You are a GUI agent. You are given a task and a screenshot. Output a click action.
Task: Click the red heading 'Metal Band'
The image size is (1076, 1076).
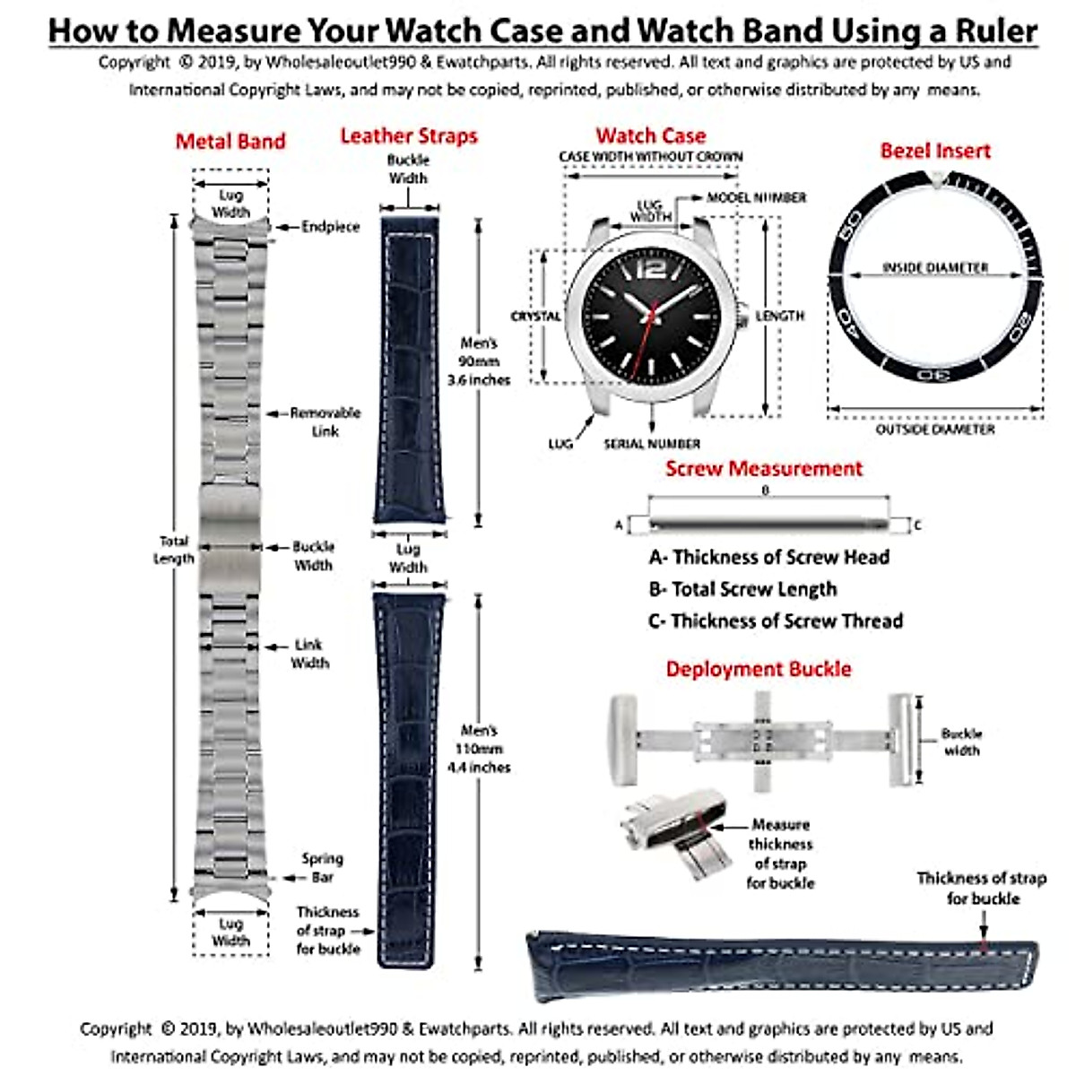230,142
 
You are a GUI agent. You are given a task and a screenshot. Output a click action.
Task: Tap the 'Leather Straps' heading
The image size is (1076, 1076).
409,136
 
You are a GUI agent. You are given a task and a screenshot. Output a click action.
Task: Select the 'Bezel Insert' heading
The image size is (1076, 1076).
935,151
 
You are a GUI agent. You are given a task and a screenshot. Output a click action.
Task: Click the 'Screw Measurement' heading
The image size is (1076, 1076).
764,468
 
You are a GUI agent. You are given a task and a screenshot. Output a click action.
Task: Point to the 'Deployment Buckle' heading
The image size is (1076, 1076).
759,669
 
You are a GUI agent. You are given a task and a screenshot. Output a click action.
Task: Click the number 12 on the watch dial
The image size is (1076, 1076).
653,269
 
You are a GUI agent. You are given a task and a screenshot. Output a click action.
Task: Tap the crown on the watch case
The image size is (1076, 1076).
742,315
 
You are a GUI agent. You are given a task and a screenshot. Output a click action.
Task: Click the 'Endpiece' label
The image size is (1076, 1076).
330,227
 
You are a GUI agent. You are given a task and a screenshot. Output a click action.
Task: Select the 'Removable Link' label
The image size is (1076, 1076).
325,422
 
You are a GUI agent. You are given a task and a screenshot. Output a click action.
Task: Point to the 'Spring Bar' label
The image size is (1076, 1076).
322,868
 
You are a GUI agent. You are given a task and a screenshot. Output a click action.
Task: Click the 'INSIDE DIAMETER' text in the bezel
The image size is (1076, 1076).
935,267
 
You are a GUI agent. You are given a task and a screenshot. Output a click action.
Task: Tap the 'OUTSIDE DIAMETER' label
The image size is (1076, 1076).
935,430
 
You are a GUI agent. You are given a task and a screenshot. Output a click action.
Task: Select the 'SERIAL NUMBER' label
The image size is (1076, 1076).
652,444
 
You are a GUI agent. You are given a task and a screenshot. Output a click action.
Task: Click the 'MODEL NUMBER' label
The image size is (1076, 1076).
757,197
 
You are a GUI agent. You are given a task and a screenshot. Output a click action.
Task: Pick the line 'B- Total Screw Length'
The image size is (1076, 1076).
742,589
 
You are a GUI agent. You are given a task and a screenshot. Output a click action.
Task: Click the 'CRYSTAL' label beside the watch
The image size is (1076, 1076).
535,317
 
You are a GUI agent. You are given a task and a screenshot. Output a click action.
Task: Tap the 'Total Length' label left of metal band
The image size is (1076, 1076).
174,550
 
